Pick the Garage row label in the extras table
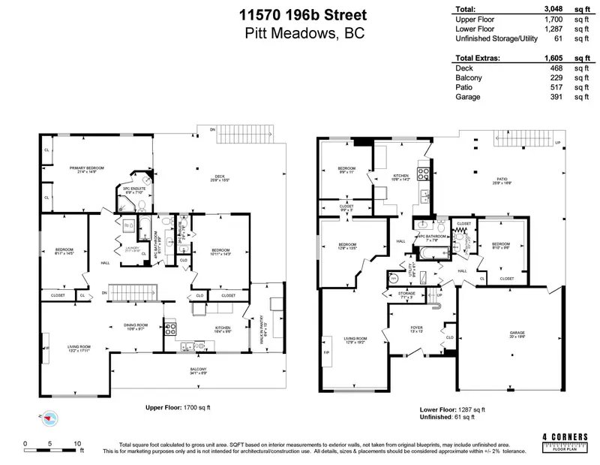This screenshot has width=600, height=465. point(466,96)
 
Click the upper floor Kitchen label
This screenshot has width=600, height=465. point(223,328)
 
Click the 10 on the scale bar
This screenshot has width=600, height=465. point(76,442)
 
